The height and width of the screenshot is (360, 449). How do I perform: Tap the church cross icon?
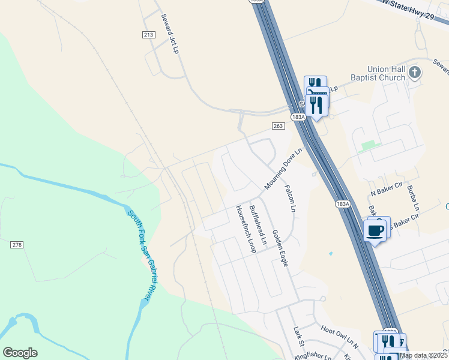pyautogui.click(x=414, y=73)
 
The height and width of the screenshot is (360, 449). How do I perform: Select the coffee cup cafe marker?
pyautogui.click(x=376, y=230)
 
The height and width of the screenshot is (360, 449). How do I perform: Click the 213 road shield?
pyautogui.click(x=149, y=35)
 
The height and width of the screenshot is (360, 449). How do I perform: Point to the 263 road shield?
pyautogui.click(x=277, y=126)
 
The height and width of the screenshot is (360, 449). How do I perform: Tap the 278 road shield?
pyautogui.click(x=17, y=245)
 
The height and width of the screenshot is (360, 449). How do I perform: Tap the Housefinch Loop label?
pyautogui.click(x=245, y=229)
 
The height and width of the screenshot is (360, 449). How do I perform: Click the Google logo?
pyautogui.click(x=20, y=353)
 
